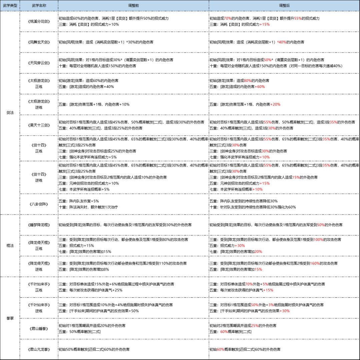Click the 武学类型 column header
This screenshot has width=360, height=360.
(x=10, y=6)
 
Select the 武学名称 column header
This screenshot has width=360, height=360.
(x=39, y=6)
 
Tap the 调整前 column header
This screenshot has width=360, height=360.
(x=134, y=6)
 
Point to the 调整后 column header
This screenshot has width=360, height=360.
(x=284, y=6)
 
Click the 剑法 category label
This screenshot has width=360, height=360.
(x=10, y=113)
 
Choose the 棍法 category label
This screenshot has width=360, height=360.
(x=10, y=245)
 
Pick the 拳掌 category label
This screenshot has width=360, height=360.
(x=10, y=318)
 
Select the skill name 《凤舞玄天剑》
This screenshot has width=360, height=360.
(x=39, y=42)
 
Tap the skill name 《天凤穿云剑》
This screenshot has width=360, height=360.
(x=39, y=63)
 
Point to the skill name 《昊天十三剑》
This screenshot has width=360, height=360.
(x=39, y=125)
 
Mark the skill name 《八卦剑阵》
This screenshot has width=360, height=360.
(x=39, y=204)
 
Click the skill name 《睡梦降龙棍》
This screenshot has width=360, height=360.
(x=39, y=225)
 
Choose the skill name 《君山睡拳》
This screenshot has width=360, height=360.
(x=39, y=329)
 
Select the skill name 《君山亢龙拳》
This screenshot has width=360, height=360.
(x=39, y=349)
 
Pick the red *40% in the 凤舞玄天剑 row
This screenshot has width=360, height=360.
(x=282, y=42)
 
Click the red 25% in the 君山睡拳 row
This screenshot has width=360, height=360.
(x=254, y=325)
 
